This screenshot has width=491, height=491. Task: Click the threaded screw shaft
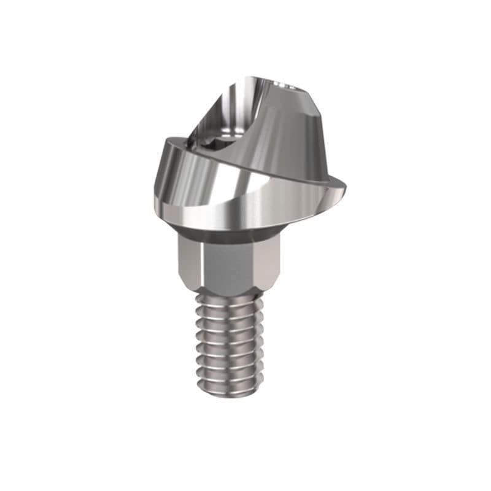[x=228, y=344]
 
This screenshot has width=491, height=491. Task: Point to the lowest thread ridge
[x=230, y=385]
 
